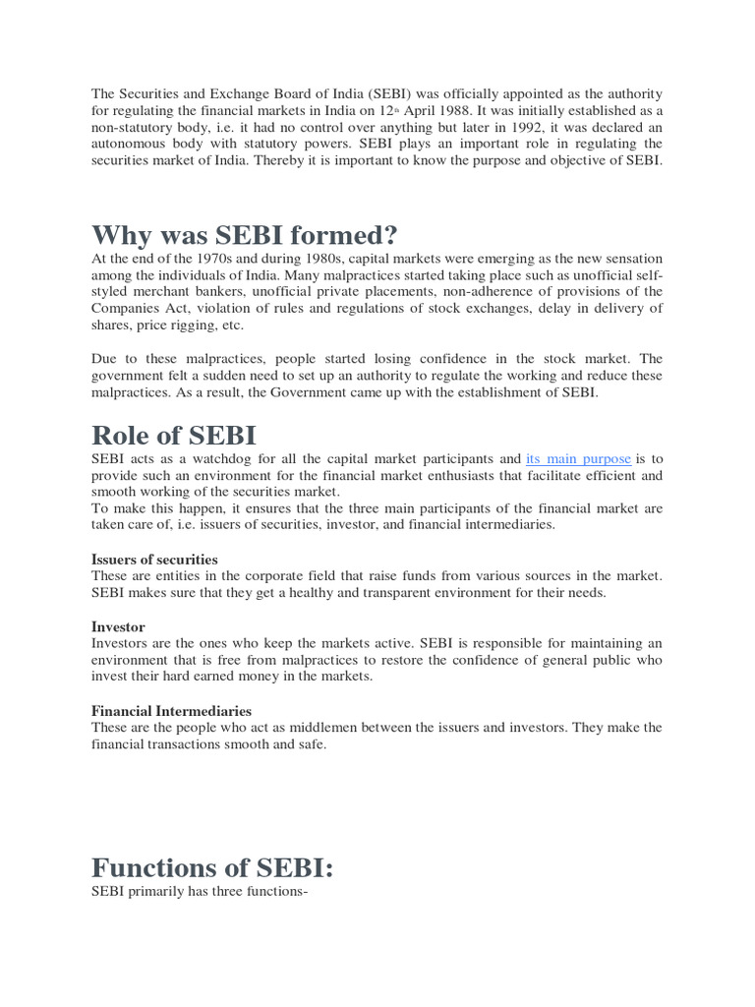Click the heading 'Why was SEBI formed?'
click(x=245, y=236)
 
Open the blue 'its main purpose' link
click(x=579, y=459)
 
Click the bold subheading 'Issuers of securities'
click(x=154, y=560)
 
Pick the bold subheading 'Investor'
click(x=118, y=626)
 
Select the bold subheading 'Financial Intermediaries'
click(x=171, y=710)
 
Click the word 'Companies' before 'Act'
click(x=126, y=309)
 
